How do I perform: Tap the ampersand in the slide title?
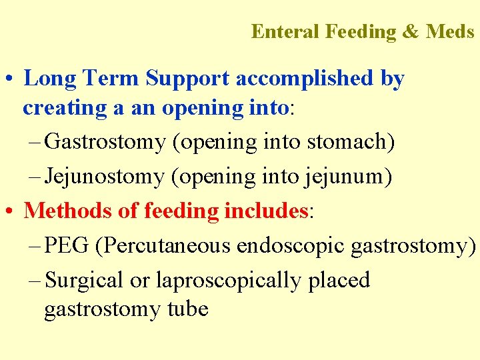point(410,31)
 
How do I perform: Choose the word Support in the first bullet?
point(188,79)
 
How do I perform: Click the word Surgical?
point(83,280)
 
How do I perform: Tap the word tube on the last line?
point(189,309)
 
